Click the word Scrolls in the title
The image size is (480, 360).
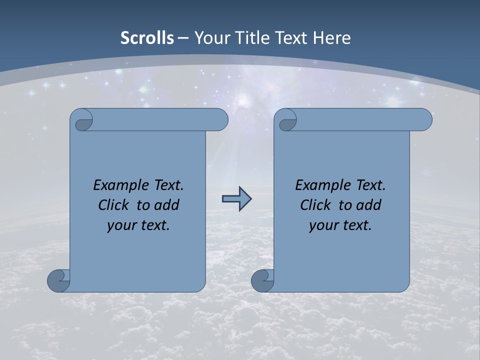[x=147, y=38]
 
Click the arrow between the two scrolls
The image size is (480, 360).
[x=236, y=199]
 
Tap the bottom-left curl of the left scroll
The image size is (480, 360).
[x=58, y=280]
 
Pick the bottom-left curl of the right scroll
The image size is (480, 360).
[x=262, y=280]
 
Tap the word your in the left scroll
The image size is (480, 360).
[x=120, y=225]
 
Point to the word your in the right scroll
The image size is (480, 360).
[x=322, y=225]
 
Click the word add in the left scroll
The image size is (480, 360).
[x=166, y=205]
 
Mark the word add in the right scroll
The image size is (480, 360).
[x=368, y=205]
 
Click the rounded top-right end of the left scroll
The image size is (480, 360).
[x=220, y=120]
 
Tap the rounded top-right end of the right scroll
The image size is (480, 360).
[x=424, y=120]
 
